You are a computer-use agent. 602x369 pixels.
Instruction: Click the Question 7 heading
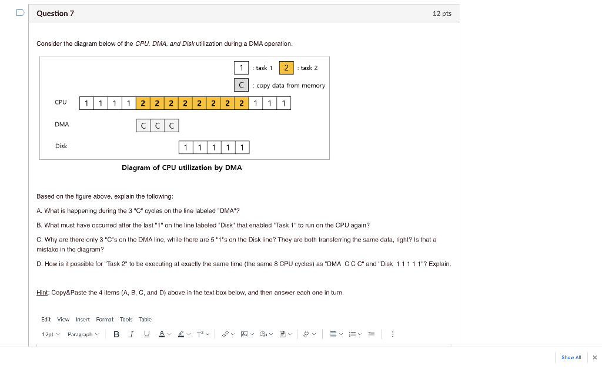55,14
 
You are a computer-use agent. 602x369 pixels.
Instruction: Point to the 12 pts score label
442,14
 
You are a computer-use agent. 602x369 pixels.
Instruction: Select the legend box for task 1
241,68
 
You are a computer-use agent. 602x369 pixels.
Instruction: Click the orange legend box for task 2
286,68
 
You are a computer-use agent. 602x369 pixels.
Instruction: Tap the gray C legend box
241,85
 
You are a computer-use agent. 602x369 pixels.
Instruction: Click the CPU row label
61,102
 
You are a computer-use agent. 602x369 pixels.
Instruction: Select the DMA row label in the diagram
62,125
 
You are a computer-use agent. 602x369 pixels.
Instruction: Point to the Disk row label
61,146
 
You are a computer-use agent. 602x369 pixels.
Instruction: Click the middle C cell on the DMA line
158,126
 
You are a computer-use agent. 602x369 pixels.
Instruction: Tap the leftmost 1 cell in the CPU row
86,104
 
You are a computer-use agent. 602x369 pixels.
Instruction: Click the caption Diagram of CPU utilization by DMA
182,167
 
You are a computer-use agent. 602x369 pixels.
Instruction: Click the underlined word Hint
42,293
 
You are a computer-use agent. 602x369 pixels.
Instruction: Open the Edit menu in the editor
46,320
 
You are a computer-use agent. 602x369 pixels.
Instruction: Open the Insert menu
83,320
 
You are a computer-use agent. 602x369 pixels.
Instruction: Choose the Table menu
145,320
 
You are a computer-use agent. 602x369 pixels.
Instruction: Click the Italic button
131,334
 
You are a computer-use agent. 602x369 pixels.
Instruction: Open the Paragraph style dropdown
83,334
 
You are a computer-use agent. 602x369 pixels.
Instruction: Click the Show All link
571,357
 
